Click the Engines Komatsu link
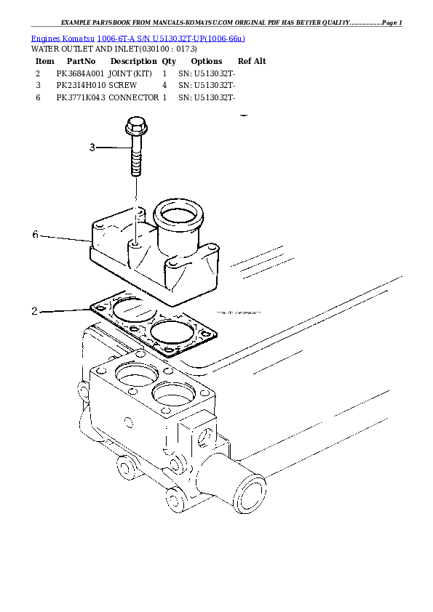tap(63, 37)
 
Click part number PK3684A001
tap(81, 73)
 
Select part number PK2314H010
tap(81, 85)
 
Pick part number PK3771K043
tap(81, 97)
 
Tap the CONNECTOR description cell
tap(133, 97)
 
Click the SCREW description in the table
tap(123, 85)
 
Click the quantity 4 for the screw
tap(165, 85)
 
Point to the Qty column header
tap(169, 62)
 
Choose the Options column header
tap(206, 62)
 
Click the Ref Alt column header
tap(252, 62)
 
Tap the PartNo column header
tap(81, 62)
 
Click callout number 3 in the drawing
tap(92, 148)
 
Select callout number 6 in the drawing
tap(36, 234)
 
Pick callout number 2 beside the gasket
tap(34, 311)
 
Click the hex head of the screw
tap(136, 127)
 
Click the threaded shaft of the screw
tap(136, 159)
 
